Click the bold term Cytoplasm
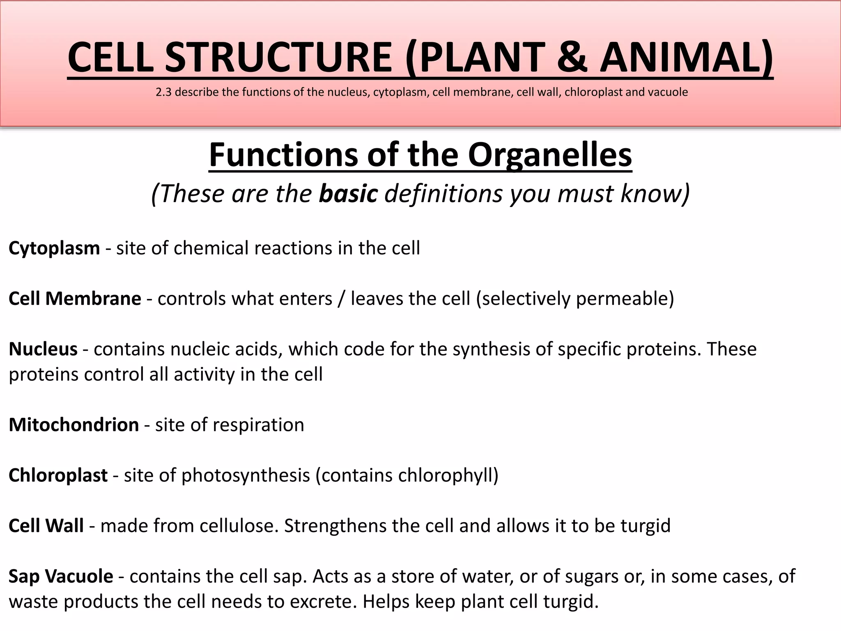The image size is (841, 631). coord(54,249)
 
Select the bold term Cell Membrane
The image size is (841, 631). coord(75,299)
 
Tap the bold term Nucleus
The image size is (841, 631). coord(43,349)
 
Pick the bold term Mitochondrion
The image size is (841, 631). coord(74,425)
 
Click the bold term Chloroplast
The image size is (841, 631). coord(58,475)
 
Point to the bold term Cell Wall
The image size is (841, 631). coord(46,526)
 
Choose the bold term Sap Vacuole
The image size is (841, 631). coord(61,576)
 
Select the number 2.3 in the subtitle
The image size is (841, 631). coord(163,92)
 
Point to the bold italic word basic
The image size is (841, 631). coord(348,193)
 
